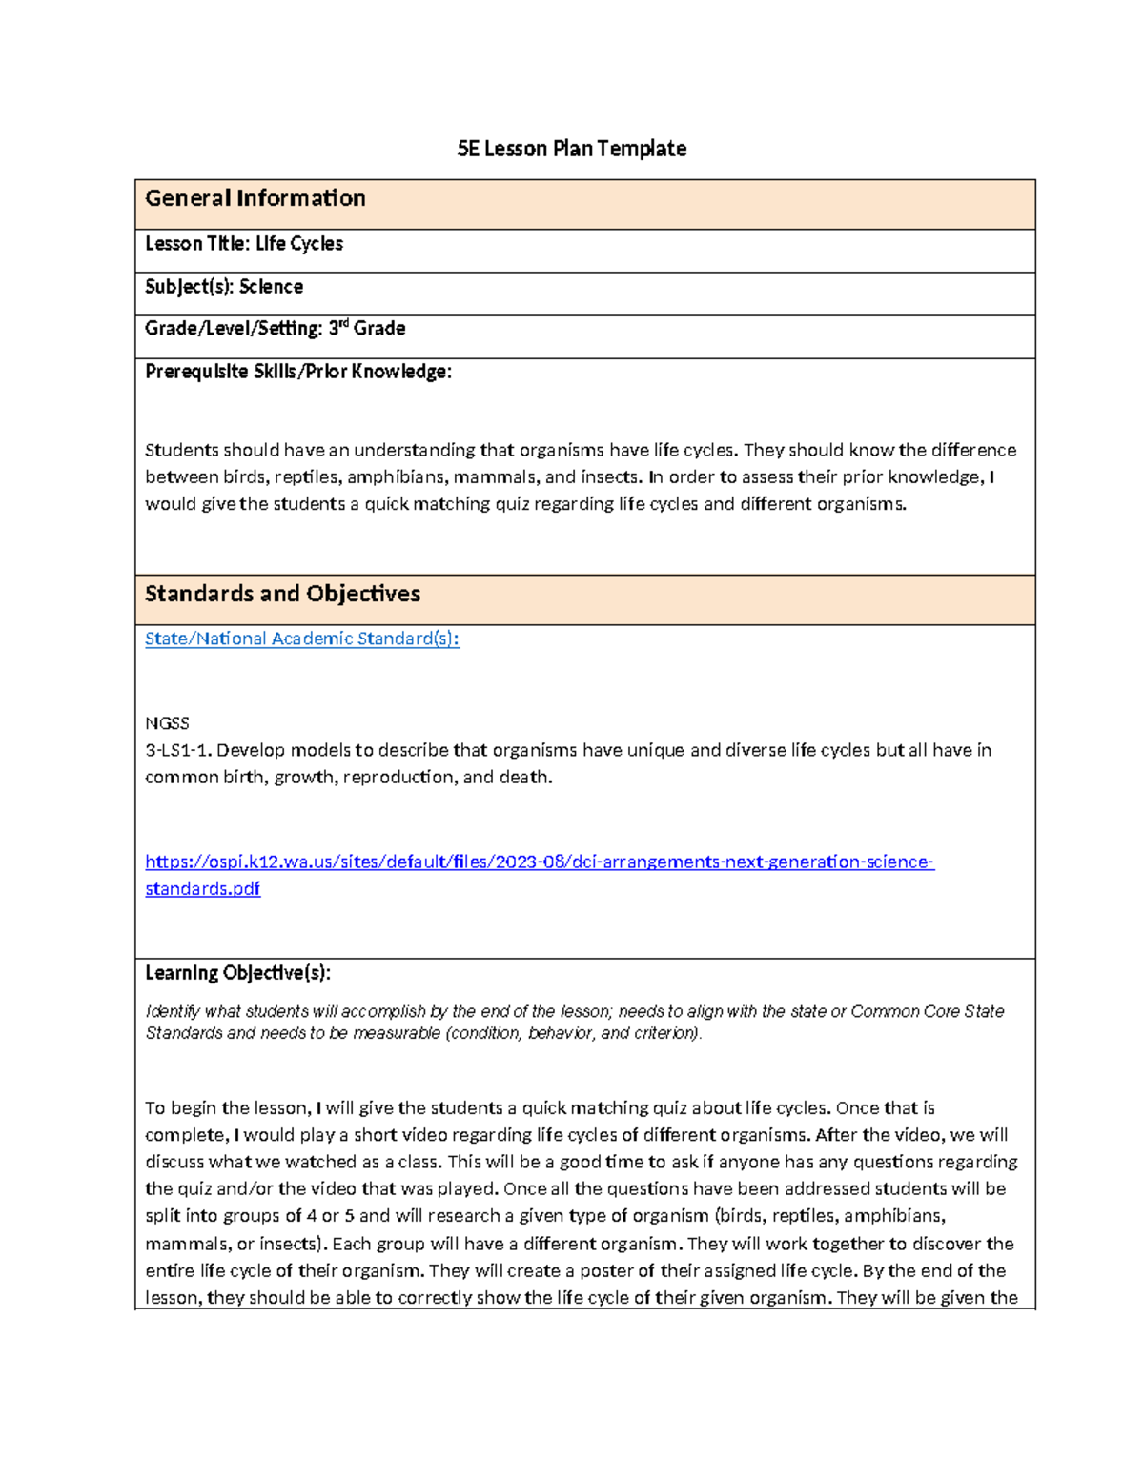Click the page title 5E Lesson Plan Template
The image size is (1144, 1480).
pos(571,149)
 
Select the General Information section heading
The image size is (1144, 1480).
pos(255,198)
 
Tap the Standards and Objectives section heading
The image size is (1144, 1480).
pos(282,594)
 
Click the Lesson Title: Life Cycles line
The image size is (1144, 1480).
pos(243,244)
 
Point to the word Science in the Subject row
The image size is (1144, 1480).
pos(271,287)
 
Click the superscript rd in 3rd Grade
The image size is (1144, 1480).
pos(344,324)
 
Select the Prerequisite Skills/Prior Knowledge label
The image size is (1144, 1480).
pos(297,372)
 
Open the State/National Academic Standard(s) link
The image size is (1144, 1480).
pos(301,639)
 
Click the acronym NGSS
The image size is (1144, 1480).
pos(167,723)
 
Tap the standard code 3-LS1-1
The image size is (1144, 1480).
pos(178,750)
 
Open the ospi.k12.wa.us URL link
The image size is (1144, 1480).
pos(539,862)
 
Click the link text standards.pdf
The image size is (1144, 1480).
pos(202,888)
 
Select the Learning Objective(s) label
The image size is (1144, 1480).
pos(237,973)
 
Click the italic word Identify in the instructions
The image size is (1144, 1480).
pos(173,1011)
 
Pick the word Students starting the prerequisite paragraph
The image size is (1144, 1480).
pos(181,450)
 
